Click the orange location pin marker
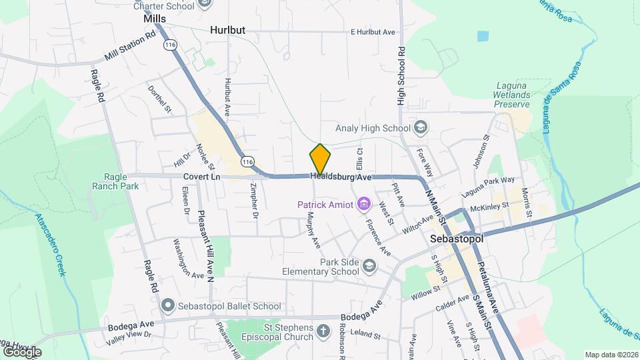click(x=320, y=159)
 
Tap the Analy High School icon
click(x=421, y=127)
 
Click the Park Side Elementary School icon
click(x=369, y=267)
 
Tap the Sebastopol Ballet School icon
click(x=167, y=306)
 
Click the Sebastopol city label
click(x=456, y=237)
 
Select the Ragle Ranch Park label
click(x=112, y=181)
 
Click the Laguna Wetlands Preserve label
click(x=512, y=95)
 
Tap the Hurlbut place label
click(x=227, y=31)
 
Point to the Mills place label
click(x=155, y=19)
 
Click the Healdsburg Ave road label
click(x=340, y=177)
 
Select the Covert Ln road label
click(x=201, y=177)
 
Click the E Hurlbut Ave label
click(x=373, y=32)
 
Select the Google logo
click(x=21, y=351)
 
